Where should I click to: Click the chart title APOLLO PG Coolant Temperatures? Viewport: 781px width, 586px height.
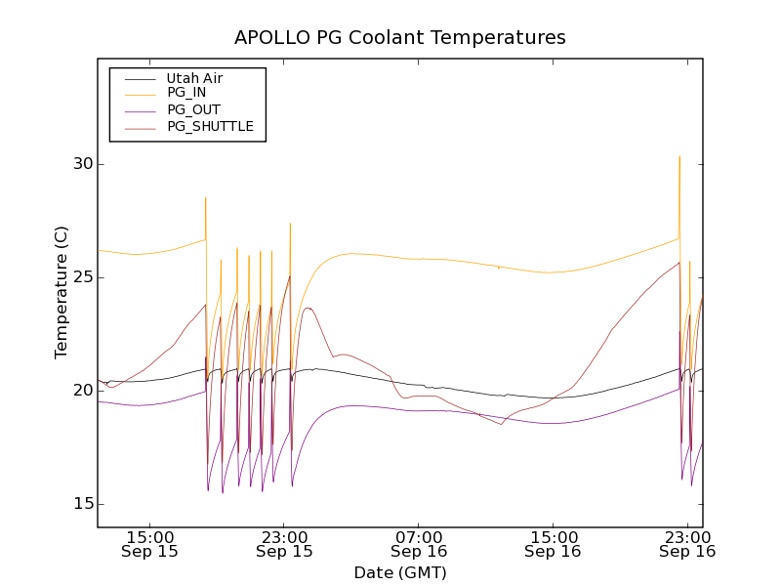coord(399,38)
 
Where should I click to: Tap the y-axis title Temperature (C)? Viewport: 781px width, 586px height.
coord(62,292)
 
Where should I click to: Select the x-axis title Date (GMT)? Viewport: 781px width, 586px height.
coord(399,572)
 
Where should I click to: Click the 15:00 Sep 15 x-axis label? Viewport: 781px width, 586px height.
coord(150,544)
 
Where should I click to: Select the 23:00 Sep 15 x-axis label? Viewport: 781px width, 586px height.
coord(284,544)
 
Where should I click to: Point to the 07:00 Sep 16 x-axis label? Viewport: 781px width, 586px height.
coord(419,544)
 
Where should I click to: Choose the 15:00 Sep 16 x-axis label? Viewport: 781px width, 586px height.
coord(553,544)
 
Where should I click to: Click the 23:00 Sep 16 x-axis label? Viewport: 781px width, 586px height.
coord(686,544)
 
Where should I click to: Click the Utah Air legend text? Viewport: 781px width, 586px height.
coord(195,78)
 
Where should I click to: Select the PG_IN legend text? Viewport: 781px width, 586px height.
coord(186,93)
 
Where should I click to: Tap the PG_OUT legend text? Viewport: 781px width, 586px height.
coord(193,109)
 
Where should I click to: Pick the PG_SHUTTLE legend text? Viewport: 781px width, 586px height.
coord(210,126)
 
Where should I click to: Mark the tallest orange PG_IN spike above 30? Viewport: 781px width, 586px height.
coord(679,157)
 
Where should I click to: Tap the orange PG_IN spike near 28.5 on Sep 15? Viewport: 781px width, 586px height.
coord(205,198)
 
